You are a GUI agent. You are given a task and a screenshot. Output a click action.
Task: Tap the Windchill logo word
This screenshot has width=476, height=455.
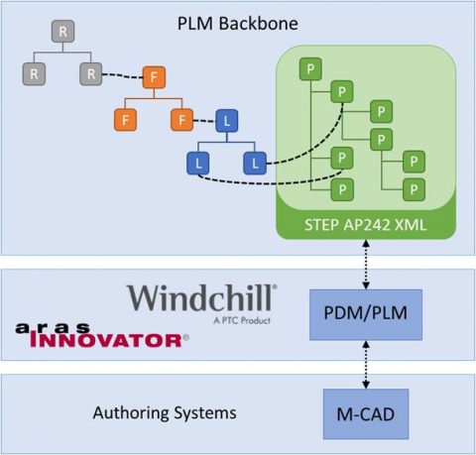202,299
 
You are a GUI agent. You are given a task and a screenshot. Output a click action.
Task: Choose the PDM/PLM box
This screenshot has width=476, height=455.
366,315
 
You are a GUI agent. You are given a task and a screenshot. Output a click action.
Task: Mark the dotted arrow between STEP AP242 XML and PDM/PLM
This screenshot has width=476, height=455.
366,266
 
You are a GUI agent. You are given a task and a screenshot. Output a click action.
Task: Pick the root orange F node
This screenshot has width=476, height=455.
153,76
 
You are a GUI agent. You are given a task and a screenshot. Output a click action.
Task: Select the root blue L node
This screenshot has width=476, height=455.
227,121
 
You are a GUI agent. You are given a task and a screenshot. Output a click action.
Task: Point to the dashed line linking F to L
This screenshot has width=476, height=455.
203,121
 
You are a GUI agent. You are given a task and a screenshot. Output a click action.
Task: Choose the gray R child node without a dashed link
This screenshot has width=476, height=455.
34,74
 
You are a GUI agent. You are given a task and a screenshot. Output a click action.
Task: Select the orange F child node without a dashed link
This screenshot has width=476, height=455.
124,120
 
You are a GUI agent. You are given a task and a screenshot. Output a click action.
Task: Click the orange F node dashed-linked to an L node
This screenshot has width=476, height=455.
181,120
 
